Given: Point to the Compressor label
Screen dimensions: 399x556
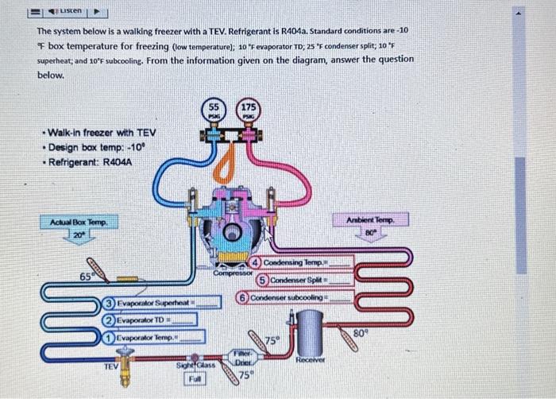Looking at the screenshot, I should [231, 273].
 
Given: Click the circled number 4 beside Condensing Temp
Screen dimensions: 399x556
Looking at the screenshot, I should [256, 263].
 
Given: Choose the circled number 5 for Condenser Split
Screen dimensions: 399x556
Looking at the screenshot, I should [261, 280].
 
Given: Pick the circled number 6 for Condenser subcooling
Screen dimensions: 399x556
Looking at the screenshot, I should [243, 297].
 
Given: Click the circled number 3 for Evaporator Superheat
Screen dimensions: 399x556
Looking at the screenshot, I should [109, 303].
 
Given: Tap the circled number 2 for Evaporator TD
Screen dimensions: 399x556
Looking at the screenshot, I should [108, 320].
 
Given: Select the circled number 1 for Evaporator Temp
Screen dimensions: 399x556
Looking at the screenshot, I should [108, 337].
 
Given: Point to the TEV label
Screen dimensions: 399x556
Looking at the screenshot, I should [114, 366].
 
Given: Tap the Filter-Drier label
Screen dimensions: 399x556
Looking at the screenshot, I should [242, 357].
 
